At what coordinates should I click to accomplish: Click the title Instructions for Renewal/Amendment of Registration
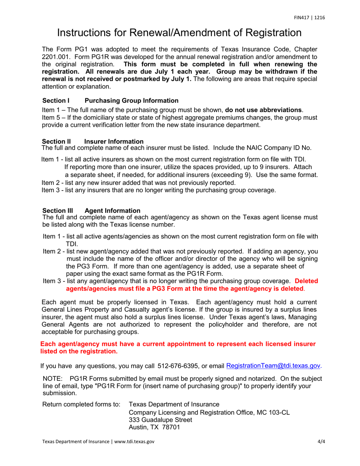click(x=179, y=33)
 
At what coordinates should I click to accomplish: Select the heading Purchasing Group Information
click(x=131, y=101)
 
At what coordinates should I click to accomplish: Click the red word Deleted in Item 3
click(x=306, y=281)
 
